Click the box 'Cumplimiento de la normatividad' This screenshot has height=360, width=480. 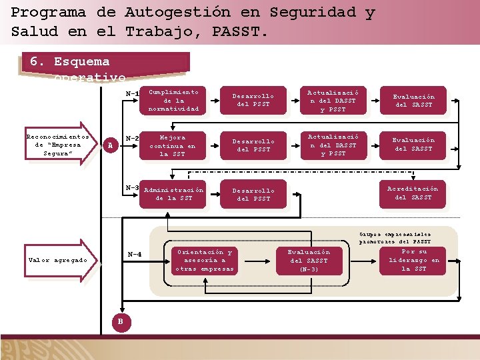pos(173,100)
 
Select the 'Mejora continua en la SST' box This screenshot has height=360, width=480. pos(173,145)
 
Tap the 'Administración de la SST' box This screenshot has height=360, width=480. pos(173,194)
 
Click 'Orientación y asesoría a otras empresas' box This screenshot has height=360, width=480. pos(204,260)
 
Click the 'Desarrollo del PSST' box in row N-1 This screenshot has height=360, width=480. pos(253,100)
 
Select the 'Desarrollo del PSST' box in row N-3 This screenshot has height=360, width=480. pos(253,194)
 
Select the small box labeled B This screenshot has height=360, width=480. pos(120,322)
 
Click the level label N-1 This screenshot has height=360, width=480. pos(132,93)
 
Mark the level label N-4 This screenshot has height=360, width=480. pos(134,254)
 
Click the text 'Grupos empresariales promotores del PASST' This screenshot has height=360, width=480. pos(395,238)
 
